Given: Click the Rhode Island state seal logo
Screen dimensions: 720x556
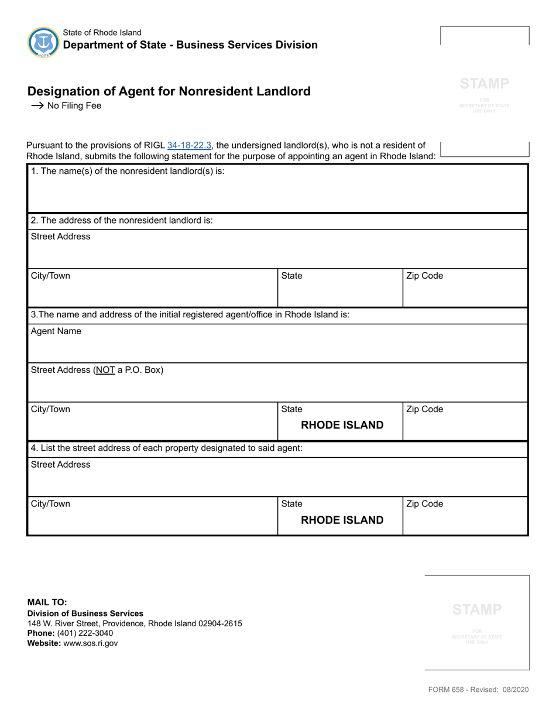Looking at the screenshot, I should [43, 42].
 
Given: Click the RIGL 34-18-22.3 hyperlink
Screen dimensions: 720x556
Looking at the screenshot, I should [189, 146].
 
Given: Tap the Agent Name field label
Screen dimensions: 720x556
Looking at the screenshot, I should [56, 331].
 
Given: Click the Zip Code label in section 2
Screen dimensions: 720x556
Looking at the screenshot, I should [424, 276].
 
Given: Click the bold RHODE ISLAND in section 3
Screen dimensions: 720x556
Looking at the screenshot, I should [342, 425].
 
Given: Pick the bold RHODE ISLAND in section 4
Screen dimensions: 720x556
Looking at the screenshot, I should [342, 520].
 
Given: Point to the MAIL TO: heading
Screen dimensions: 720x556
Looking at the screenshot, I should [47, 602].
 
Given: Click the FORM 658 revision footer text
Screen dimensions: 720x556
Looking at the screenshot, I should [478, 690].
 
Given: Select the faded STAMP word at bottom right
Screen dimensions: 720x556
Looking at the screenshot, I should [477, 609].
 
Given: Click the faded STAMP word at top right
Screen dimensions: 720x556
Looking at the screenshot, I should [485, 84].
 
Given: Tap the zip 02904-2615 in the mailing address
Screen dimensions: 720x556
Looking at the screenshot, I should [219, 623].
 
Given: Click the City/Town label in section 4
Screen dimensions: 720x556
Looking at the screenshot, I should [50, 504].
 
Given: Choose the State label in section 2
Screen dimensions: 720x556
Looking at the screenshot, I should [292, 276].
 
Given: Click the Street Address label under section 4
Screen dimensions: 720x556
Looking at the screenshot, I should [61, 464].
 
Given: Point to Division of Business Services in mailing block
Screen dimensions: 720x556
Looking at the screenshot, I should [85, 613].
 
